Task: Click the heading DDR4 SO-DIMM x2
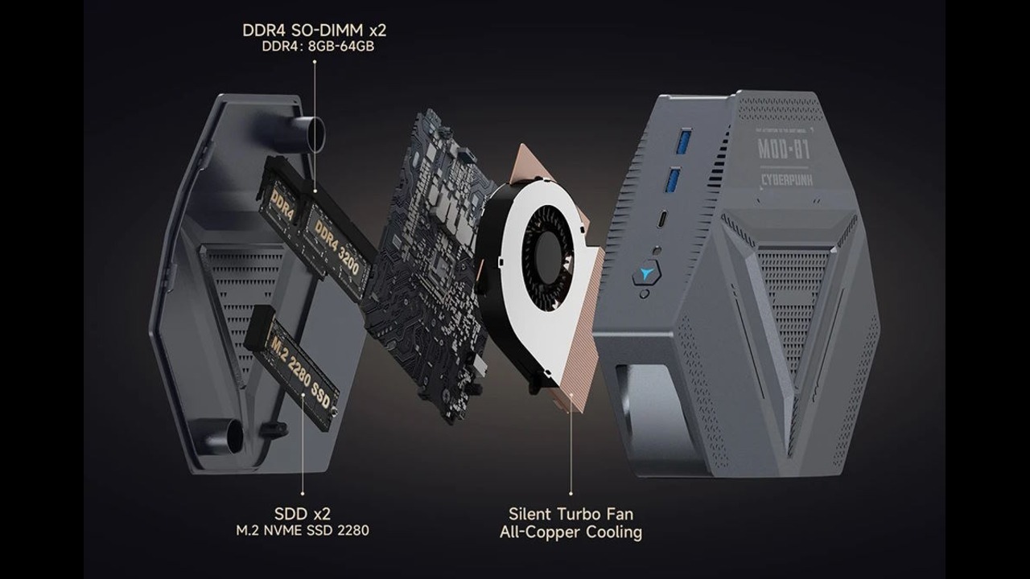[x=314, y=31]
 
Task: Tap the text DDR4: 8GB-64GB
[x=318, y=47]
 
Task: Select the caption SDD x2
[x=302, y=513]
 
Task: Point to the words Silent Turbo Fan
[x=571, y=513]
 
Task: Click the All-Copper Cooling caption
[x=571, y=532]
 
